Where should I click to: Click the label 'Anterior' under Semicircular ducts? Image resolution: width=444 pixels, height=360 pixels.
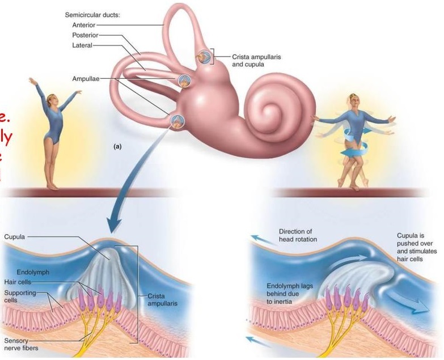click(x=83, y=25)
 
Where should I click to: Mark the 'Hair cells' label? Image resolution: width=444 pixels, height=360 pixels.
click(x=18, y=281)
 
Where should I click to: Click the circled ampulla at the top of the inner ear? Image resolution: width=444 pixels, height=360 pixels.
click(x=203, y=57)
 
